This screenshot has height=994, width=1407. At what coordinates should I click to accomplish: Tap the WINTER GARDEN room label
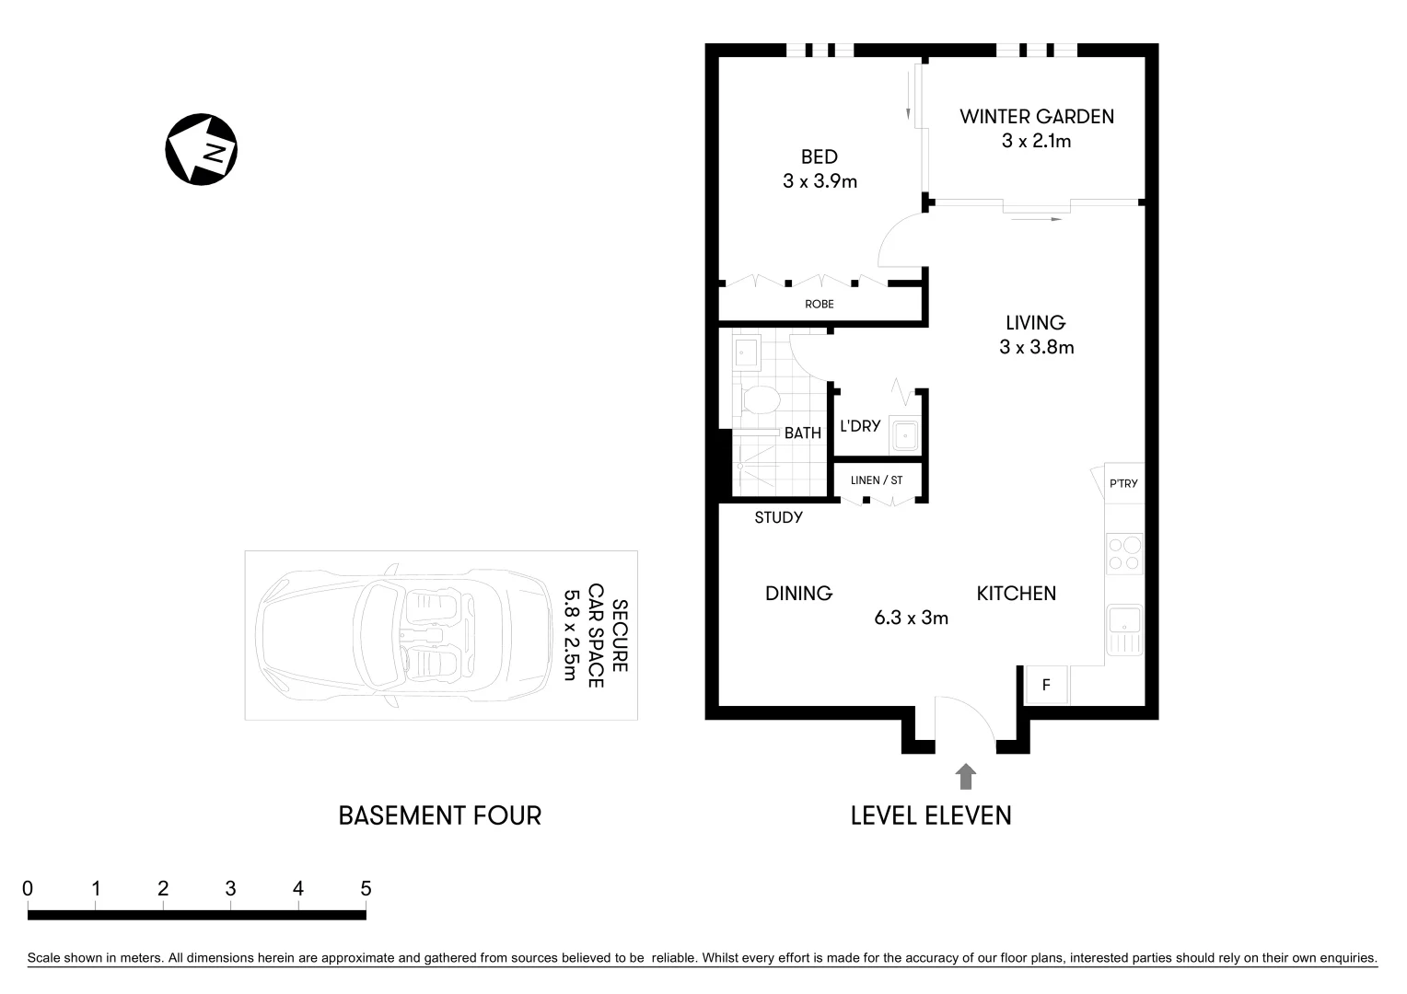coord(1036,117)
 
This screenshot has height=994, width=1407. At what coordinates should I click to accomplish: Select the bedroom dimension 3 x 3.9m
coord(820,181)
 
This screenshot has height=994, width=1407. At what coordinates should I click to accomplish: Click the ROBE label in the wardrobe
coord(820,304)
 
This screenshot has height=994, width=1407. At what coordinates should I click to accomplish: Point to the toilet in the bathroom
coord(760,399)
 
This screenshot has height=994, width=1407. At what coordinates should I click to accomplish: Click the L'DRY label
coord(860,426)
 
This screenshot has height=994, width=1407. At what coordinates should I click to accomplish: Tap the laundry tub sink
coord(904,435)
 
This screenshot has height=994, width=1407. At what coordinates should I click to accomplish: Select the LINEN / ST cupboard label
coord(876,480)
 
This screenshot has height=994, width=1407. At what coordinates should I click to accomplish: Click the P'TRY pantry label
coord(1123,484)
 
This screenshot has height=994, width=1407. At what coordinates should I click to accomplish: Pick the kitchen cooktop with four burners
coord(1124,554)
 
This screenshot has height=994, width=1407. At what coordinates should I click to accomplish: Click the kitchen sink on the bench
coord(1124,630)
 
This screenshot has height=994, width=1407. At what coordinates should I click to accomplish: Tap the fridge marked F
coord(1045,685)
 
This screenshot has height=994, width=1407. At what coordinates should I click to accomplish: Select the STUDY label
coord(778,517)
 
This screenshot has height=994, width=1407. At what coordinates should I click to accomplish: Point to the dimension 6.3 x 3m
coord(911,618)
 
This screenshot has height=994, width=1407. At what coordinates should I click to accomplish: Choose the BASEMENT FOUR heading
coord(439,815)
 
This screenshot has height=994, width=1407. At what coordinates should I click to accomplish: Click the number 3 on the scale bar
coord(230,888)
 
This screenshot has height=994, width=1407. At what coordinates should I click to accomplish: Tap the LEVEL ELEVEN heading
coord(930,815)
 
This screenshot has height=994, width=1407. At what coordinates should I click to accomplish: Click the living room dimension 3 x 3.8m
coord(1036,347)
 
